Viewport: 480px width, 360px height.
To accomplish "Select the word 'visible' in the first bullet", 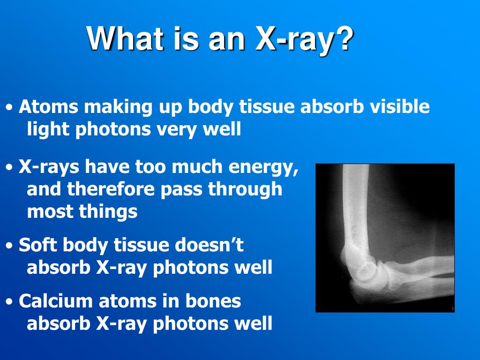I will [400, 107].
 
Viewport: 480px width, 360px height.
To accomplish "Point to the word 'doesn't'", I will [209, 245].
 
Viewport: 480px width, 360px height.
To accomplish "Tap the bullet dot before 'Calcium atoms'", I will [10, 302].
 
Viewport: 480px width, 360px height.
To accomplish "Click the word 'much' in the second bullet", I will [202, 166].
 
